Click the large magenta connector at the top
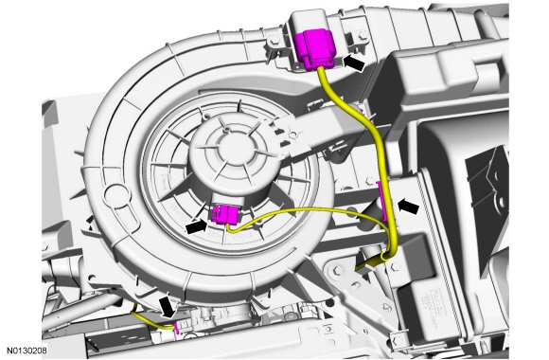point(316,49)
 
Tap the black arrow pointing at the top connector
point(354,63)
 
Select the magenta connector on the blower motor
point(224,214)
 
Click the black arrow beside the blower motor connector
point(197,227)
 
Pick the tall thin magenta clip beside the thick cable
point(381,201)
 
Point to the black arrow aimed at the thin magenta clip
point(408,207)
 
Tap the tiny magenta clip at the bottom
point(177,328)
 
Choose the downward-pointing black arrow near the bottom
point(168,307)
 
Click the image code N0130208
point(27,350)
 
